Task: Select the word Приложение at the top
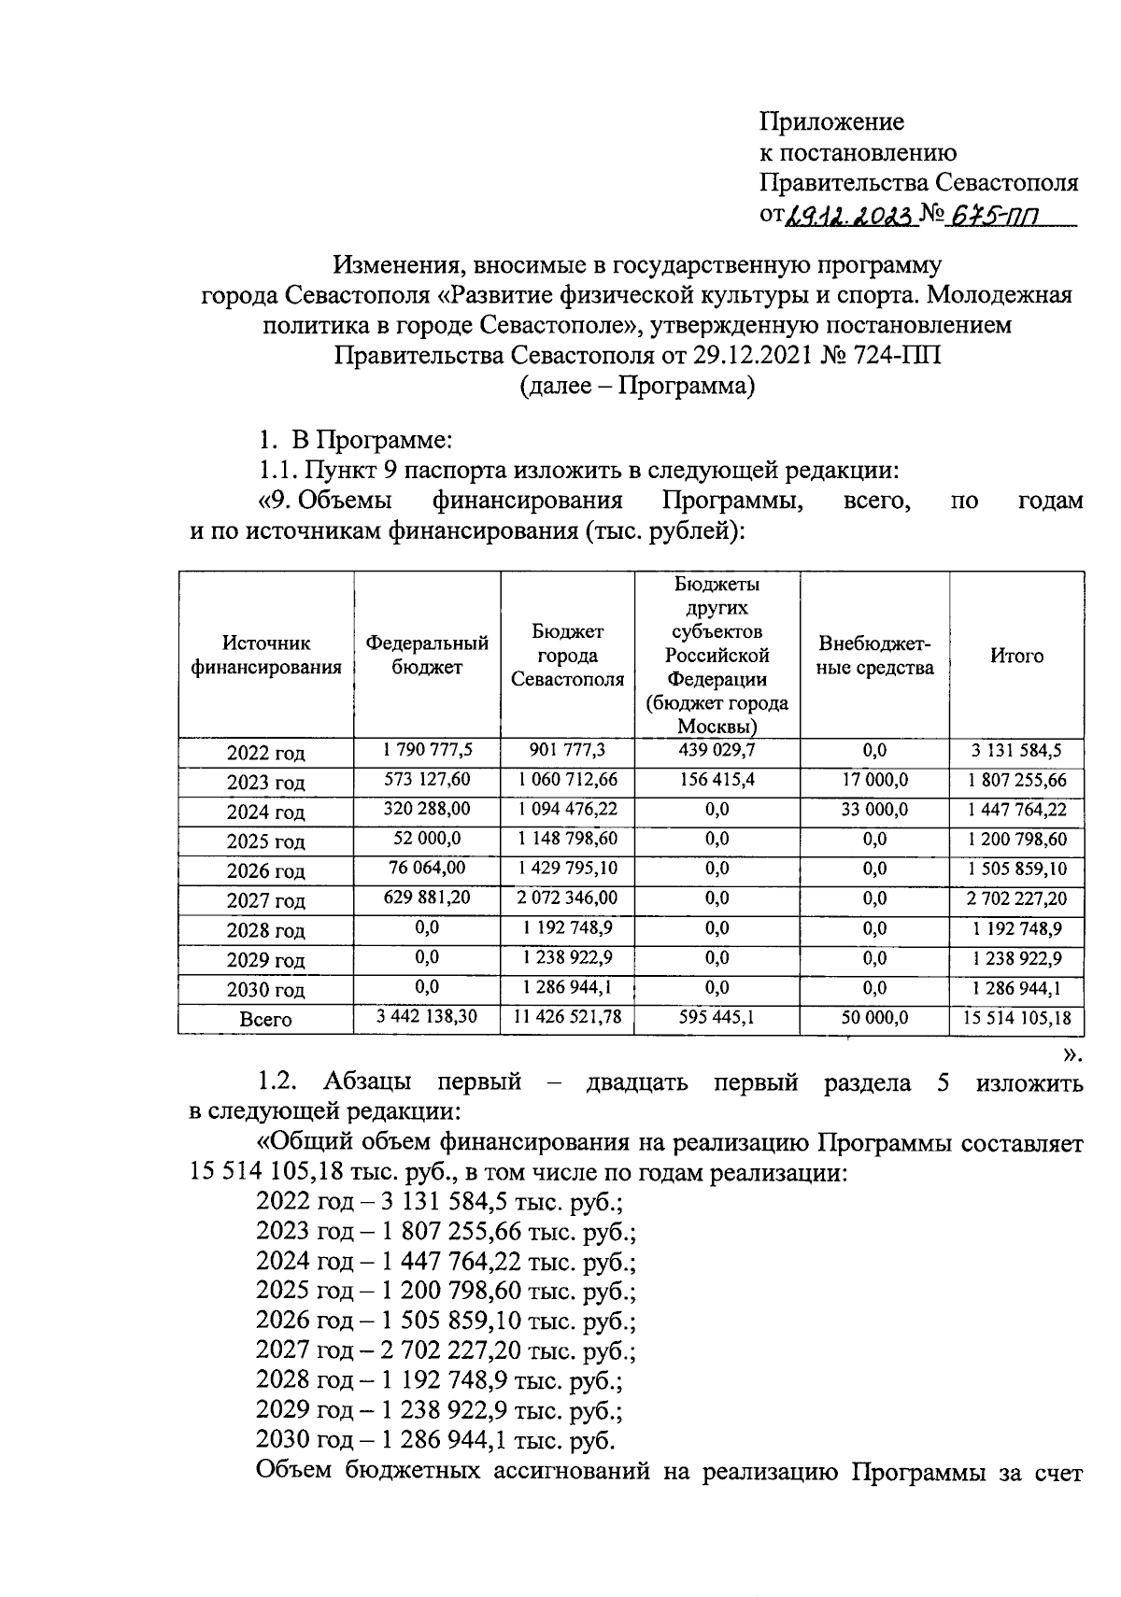[831, 121]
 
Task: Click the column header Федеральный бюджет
[427, 655]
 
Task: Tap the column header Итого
[1016, 656]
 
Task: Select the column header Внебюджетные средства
[874, 656]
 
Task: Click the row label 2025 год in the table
[265, 841]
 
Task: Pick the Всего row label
[265, 1020]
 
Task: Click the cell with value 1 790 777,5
[427, 750]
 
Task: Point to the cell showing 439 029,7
[717, 750]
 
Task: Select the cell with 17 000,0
[874, 779]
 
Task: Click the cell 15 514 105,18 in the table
[1016, 1017]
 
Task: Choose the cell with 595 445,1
[717, 1017]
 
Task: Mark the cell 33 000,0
[874, 809]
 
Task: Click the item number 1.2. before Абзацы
[277, 1082]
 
